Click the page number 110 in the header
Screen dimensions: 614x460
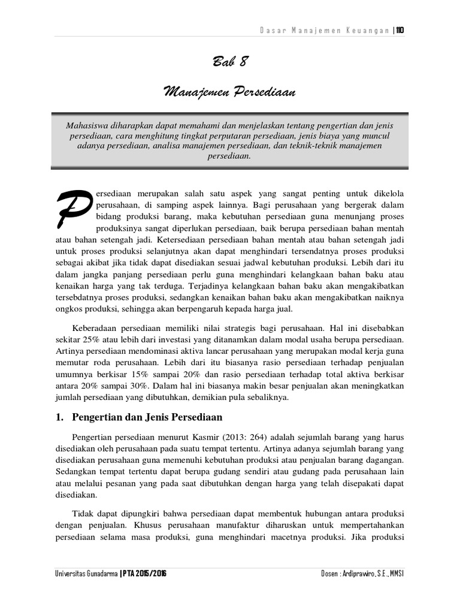(x=400, y=31)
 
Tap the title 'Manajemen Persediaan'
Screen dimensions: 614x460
(x=230, y=93)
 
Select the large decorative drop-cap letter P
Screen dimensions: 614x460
(x=74, y=209)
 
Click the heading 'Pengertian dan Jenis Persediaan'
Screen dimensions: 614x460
(x=147, y=417)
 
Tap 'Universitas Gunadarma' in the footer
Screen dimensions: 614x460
(x=85, y=574)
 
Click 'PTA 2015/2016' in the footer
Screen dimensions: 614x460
(x=144, y=574)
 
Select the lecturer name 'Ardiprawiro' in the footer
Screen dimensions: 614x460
(x=365, y=574)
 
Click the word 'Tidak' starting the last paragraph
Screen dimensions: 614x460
(x=83, y=514)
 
